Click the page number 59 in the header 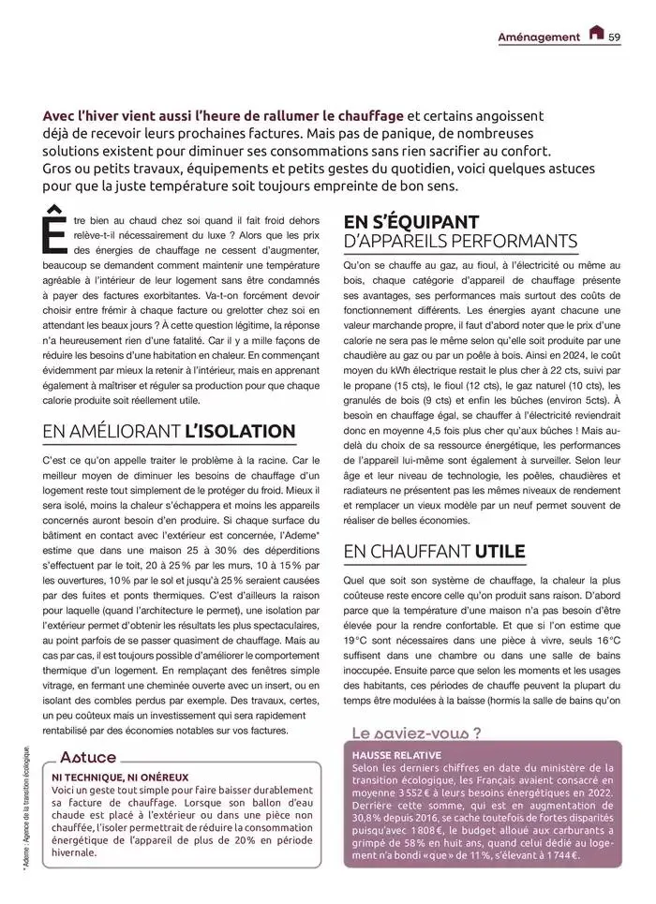(615, 37)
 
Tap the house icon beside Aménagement (596, 35)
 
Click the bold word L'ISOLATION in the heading (240, 431)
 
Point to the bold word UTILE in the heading (499, 550)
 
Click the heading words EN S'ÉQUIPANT (411, 221)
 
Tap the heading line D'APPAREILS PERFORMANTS (460, 242)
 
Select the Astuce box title (88, 757)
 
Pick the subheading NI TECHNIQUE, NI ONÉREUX (120, 777)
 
